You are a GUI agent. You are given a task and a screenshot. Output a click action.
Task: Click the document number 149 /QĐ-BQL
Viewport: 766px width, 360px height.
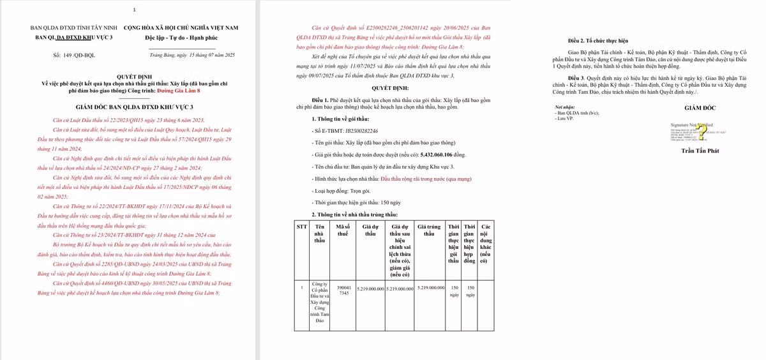(x=75, y=56)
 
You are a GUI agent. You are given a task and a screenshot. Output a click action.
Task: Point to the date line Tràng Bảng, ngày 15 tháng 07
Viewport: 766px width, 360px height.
(x=192, y=56)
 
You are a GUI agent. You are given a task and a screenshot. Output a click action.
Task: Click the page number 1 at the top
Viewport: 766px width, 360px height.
(x=134, y=10)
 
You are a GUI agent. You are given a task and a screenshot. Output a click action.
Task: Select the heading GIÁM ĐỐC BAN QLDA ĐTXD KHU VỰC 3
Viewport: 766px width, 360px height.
(x=134, y=107)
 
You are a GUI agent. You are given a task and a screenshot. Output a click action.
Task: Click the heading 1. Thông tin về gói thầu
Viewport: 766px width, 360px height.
(x=341, y=119)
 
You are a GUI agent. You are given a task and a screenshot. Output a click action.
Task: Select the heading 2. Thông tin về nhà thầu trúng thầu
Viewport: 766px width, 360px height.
(x=354, y=214)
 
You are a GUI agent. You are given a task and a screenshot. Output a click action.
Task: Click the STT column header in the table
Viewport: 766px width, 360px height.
(x=302, y=227)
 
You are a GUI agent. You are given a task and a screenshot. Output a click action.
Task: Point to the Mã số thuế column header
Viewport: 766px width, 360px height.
(x=343, y=230)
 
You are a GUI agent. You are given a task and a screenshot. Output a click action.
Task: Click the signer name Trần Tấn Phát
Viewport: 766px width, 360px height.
(x=700, y=151)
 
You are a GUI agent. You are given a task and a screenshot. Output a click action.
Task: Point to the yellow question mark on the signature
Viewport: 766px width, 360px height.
(x=702, y=132)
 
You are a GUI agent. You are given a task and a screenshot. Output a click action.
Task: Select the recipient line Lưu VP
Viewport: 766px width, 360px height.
(x=566, y=118)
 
